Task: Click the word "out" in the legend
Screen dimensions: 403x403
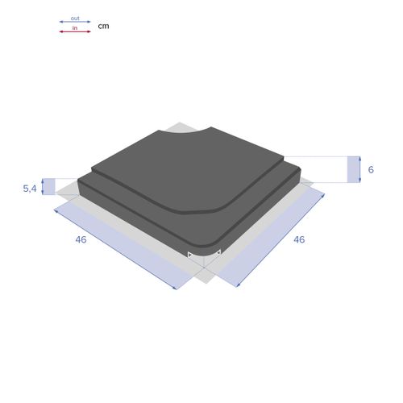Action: coord(75,17)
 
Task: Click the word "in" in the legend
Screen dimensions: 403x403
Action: coord(75,27)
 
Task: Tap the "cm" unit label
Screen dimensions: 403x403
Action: coord(103,26)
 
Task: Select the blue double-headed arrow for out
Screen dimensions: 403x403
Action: coord(75,22)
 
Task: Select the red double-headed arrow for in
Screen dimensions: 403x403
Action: coord(75,32)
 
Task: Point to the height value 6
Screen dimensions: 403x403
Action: coord(371,169)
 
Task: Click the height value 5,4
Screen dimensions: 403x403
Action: coord(30,188)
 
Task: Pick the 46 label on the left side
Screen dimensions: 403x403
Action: coord(81,239)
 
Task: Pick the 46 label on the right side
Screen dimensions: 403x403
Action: coord(299,239)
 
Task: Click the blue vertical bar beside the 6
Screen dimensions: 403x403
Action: coord(354,168)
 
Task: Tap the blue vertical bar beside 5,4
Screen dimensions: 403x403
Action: coord(48,186)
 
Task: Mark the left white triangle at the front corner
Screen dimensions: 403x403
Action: coord(190,256)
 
